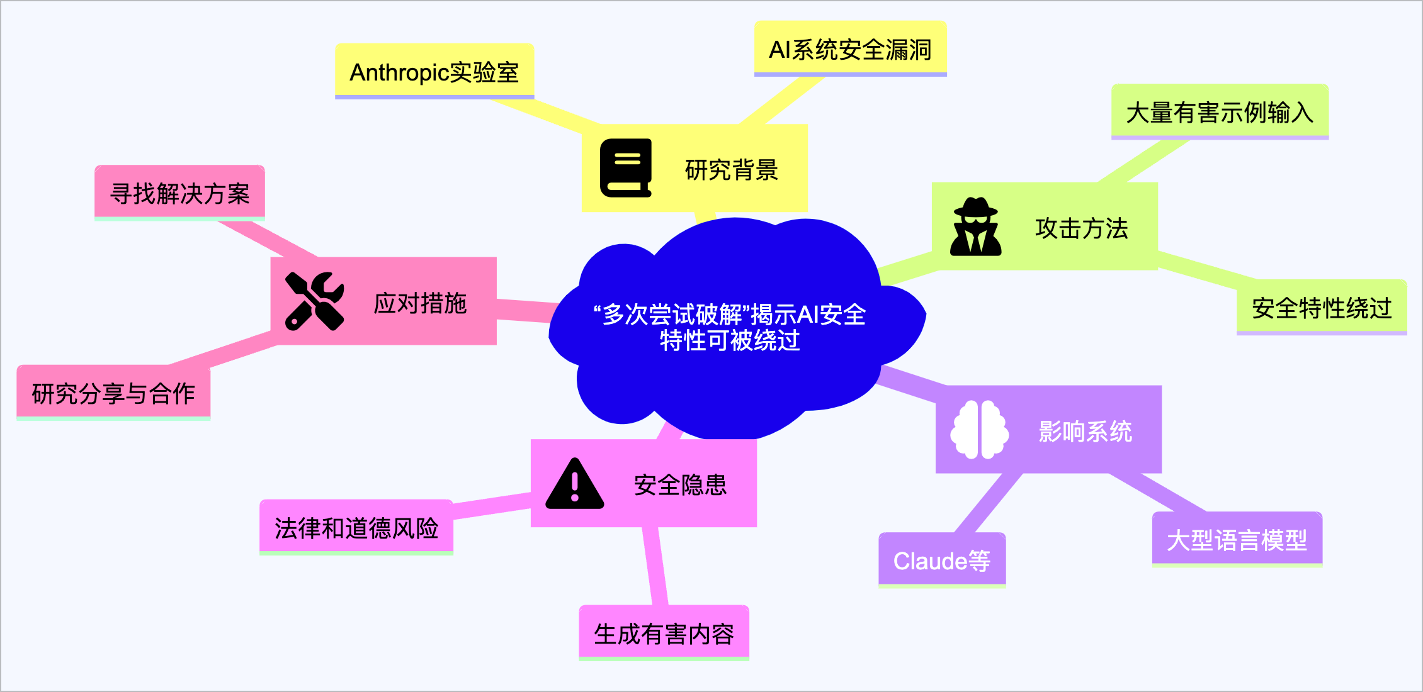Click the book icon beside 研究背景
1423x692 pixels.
tap(625, 168)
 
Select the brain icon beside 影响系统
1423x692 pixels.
tap(979, 430)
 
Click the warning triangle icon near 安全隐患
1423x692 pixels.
tap(574, 484)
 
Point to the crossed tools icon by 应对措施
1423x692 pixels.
tap(314, 301)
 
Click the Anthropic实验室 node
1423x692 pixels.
tap(434, 72)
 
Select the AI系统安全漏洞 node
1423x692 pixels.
tap(850, 49)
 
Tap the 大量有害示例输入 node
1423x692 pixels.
tap(1220, 112)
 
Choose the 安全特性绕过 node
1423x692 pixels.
tap(1321, 308)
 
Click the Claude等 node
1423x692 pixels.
tap(941, 560)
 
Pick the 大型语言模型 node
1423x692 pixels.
tap(1237, 540)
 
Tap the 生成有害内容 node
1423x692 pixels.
tap(664, 633)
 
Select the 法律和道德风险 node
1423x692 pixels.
tap(356, 528)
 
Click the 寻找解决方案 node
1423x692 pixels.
tap(179, 193)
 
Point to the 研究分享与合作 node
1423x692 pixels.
tap(113, 393)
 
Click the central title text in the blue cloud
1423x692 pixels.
tap(729, 327)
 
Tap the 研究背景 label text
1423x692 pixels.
tap(731, 170)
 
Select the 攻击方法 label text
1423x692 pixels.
tap(1081, 228)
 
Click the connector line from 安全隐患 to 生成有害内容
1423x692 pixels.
tap(655, 566)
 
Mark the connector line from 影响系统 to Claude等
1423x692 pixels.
tap(987, 503)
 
